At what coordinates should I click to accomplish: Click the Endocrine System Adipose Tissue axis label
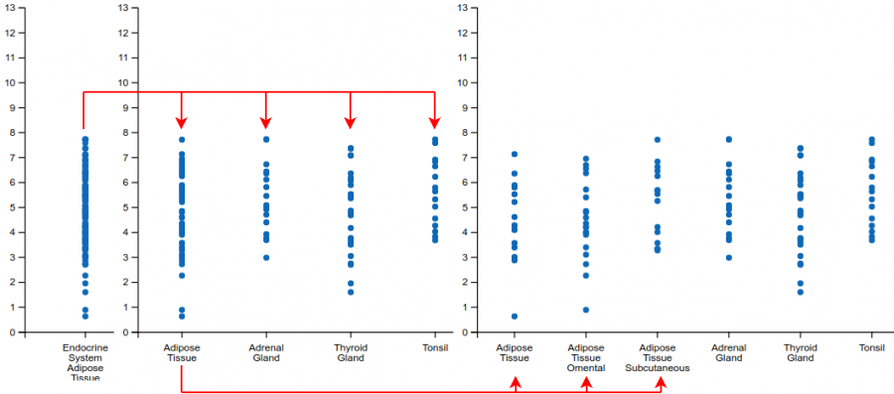(85, 362)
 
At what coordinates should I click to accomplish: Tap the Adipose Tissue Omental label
(585, 357)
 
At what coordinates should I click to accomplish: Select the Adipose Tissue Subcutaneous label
(657, 357)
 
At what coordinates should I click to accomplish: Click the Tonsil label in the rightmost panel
(871, 348)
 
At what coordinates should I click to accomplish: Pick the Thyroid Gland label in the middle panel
(350, 352)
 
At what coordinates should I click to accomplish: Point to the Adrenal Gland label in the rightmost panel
(728, 352)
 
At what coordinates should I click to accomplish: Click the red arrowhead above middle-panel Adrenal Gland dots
(266, 122)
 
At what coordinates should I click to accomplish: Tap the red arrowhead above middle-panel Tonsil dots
(434, 122)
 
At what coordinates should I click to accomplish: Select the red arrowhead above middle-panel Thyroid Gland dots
(350, 122)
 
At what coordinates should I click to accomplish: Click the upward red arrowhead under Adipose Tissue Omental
(586, 382)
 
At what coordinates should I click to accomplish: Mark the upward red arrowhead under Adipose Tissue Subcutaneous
(661, 382)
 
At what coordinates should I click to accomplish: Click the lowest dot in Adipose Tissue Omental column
(586, 310)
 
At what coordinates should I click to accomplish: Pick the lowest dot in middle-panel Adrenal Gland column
(266, 257)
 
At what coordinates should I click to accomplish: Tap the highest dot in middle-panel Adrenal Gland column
(266, 139)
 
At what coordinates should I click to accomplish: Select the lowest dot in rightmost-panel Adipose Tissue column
(515, 316)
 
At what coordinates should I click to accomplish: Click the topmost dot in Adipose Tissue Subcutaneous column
(657, 140)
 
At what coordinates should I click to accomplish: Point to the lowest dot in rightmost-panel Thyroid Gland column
(801, 292)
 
